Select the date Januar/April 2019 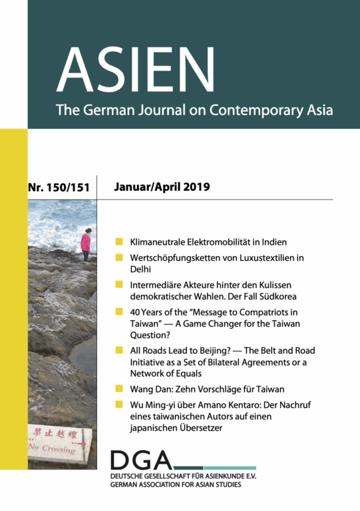click(x=162, y=188)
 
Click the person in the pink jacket click(x=85, y=244)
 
